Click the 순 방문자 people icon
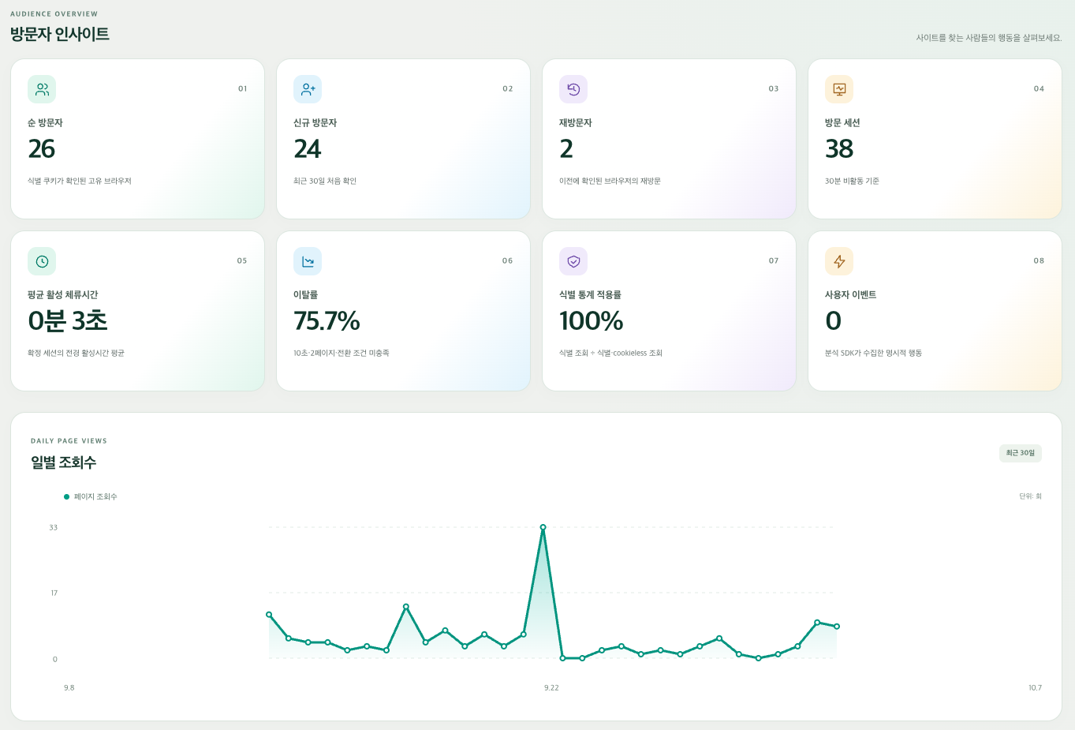43,89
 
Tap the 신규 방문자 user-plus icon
308,89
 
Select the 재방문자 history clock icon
573,89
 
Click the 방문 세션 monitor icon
839,89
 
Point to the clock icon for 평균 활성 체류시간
43,261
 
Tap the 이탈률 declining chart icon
308,261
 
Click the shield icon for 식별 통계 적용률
573,261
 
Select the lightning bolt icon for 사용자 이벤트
839,261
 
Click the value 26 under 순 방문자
42,148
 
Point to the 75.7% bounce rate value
327,320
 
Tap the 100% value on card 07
592,320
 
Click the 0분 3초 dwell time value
68,320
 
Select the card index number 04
1039,89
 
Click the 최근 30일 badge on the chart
1021,453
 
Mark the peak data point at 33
543,527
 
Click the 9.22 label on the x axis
551,687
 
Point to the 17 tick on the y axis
54,593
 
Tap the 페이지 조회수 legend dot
67,496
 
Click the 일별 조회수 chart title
63,462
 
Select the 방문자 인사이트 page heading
60,34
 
